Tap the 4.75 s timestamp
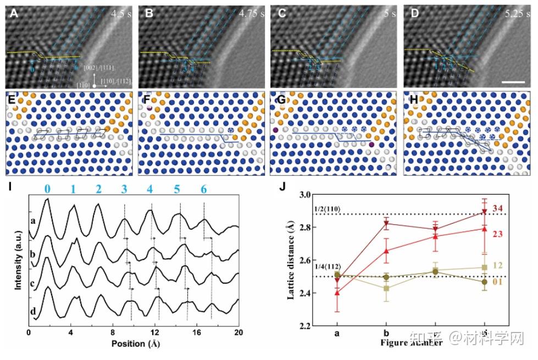click(251, 12)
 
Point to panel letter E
click(10, 99)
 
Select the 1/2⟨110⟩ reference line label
click(330, 209)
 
